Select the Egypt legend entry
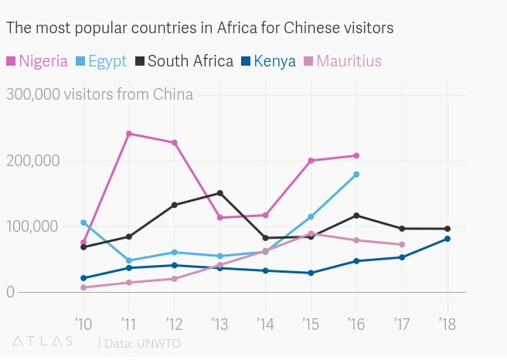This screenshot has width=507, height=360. click(x=101, y=61)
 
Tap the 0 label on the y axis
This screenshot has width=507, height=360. click(x=9, y=293)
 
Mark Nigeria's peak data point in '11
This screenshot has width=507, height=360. click(x=129, y=134)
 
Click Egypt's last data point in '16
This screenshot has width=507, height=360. click(x=356, y=175)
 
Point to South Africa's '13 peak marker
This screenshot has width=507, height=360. click(x=220, y=193)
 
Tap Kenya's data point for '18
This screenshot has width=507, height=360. click(x=447, y=239)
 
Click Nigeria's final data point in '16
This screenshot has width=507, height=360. click(x=356, y=156)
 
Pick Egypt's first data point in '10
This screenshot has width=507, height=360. click(x=83, y=222)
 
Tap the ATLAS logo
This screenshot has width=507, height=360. click(x=43, y=341)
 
